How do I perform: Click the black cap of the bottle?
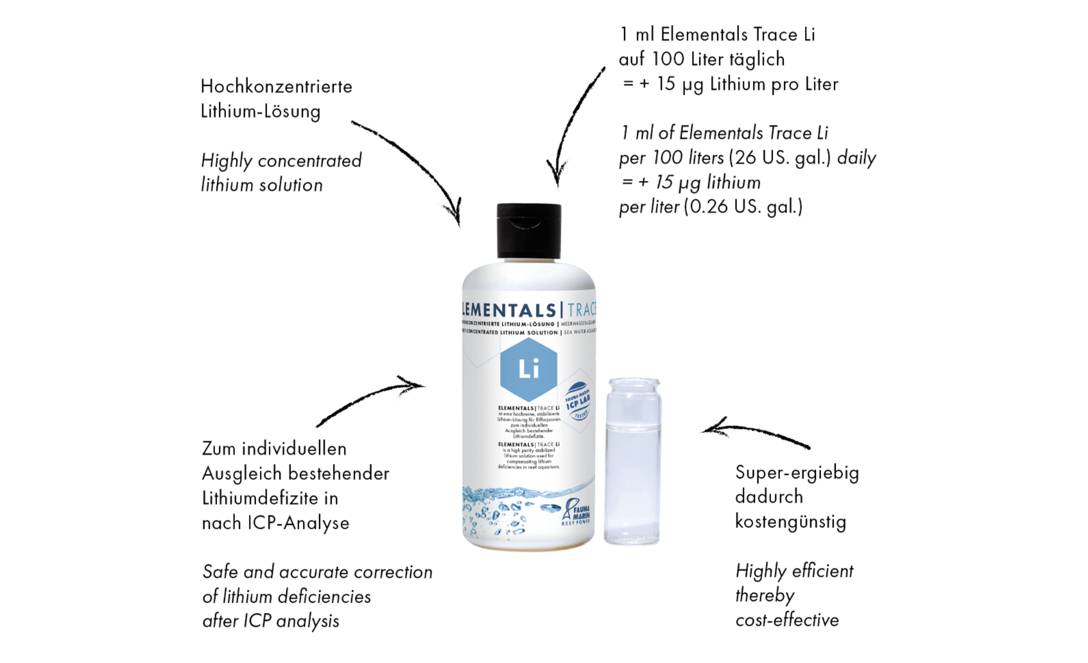529,231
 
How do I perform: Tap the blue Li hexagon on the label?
528,369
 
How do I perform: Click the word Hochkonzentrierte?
276,86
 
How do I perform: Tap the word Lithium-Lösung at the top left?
260,111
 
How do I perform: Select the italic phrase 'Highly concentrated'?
281,161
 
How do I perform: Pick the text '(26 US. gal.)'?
780,158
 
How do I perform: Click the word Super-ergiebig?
797,473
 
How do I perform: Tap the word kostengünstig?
790,522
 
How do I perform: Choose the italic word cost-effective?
787,620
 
